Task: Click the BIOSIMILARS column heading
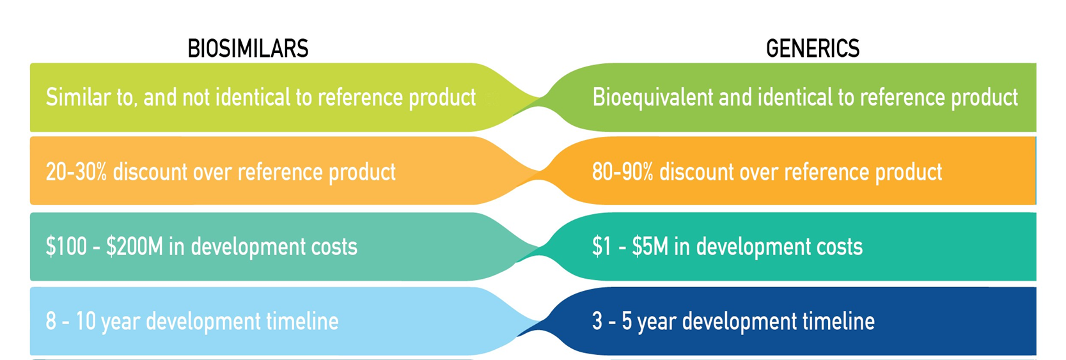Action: pos(248,49)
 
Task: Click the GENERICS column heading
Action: pos(813,49)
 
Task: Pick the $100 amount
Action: pos(66,246)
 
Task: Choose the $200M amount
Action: pos(135,246)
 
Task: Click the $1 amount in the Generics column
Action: pos(602,246)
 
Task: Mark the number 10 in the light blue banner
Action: pos(86,321)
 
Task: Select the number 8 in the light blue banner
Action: pos(51,321)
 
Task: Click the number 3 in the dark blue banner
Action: pos(598,321)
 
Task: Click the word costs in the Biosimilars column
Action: pos(334,247)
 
